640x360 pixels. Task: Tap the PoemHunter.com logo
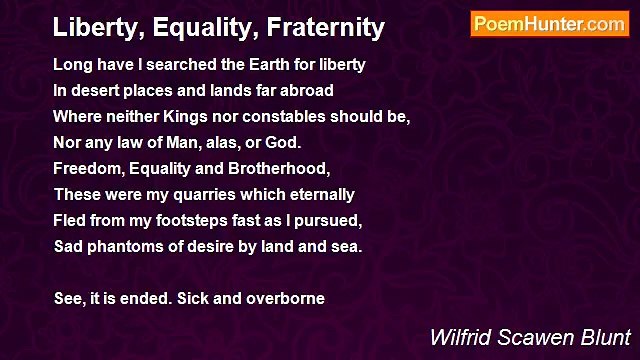point(549,24)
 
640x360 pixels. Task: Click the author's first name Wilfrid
point(459,337)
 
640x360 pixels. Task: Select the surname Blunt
point(606,337)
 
